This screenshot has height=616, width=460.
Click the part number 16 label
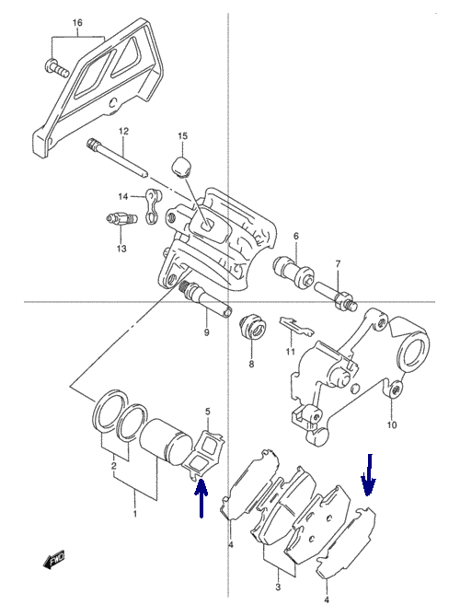point(77,23)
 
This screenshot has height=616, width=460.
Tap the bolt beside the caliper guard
point(56,68)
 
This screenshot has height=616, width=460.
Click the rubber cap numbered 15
point(182,167)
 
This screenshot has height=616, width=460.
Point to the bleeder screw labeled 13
point(121,219)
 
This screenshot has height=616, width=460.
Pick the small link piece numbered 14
point(153,206)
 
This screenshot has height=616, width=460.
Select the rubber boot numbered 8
point(252,327)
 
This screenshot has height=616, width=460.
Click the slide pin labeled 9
point(206,301)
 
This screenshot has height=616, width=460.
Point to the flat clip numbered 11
point(296,326)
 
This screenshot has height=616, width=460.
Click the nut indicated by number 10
point(396,389)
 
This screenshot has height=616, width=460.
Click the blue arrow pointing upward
point(201,498)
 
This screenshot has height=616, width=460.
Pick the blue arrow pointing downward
point(369,474)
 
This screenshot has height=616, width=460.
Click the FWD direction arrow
point(53,560)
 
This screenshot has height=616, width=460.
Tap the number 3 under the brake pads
point(278,587)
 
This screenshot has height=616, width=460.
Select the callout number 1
point(135,514)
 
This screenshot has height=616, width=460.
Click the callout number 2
point(114,466)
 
